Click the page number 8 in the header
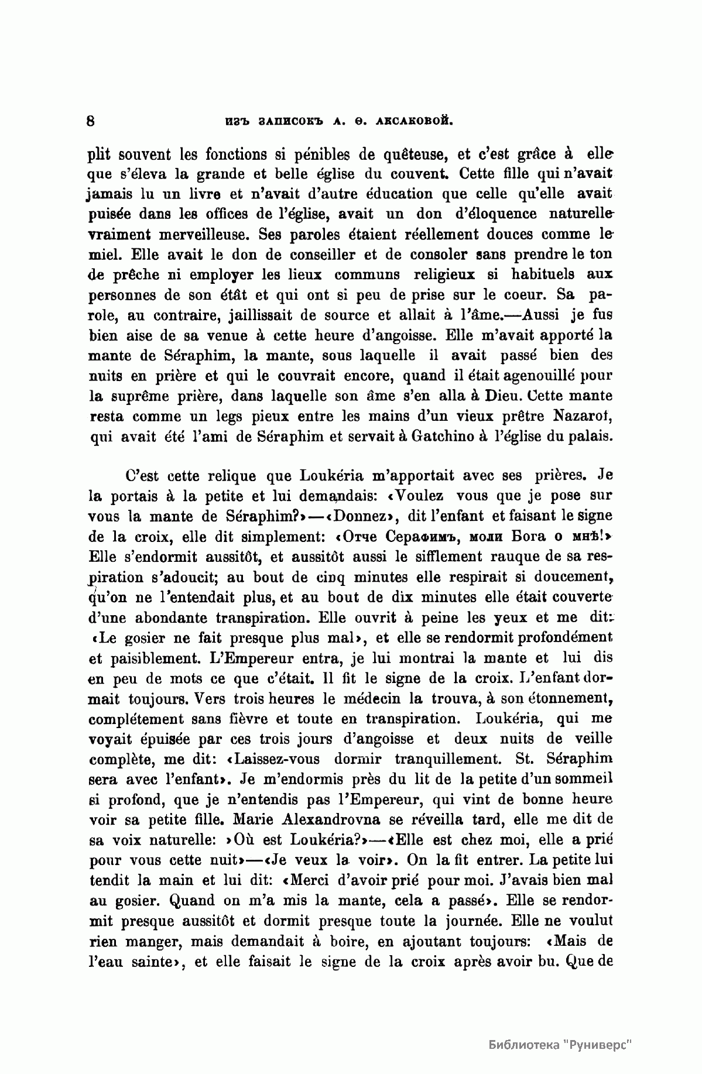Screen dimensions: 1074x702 pyautogui.click(x=91, y=122)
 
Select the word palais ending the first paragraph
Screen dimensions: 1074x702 pyautogui.click(x=590, y=437)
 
